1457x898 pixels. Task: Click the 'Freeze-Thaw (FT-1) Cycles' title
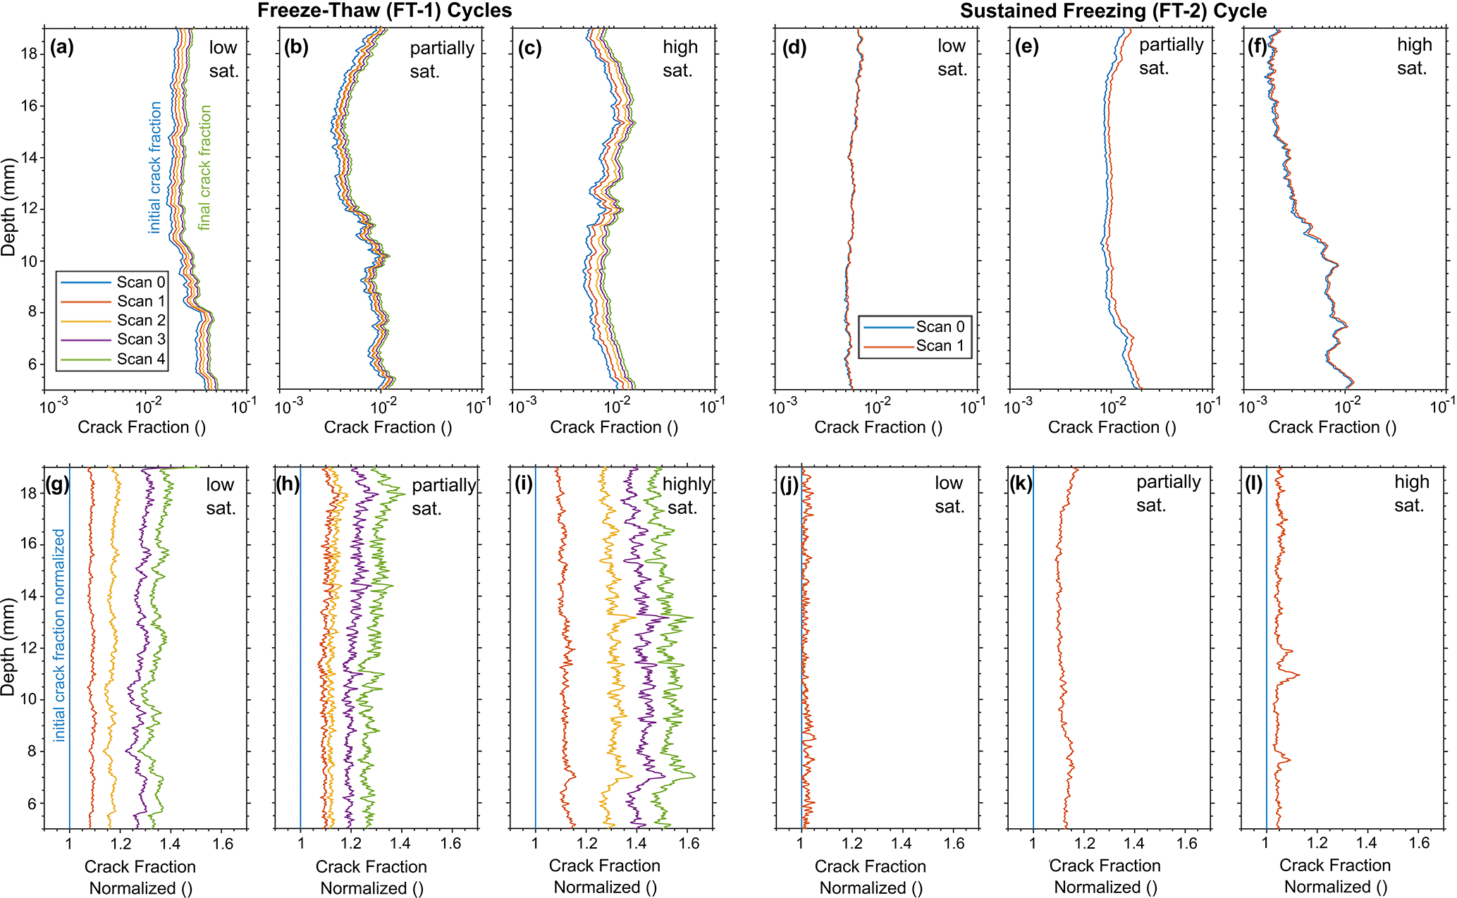385,11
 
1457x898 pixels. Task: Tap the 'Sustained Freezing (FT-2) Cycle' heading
1113,11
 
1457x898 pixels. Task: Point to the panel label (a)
62,48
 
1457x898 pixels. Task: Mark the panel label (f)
1258,47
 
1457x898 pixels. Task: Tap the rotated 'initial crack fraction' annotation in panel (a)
155,168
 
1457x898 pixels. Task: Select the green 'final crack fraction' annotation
204,168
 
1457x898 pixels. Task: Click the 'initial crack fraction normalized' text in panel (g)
59,635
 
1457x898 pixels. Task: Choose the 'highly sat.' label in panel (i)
685,496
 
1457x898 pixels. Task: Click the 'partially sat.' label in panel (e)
1171,56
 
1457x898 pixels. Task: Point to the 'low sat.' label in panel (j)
949,494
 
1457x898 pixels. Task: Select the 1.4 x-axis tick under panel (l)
1366,844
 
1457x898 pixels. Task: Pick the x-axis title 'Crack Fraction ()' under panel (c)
614,427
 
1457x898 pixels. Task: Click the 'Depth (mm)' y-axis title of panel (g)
8,647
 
